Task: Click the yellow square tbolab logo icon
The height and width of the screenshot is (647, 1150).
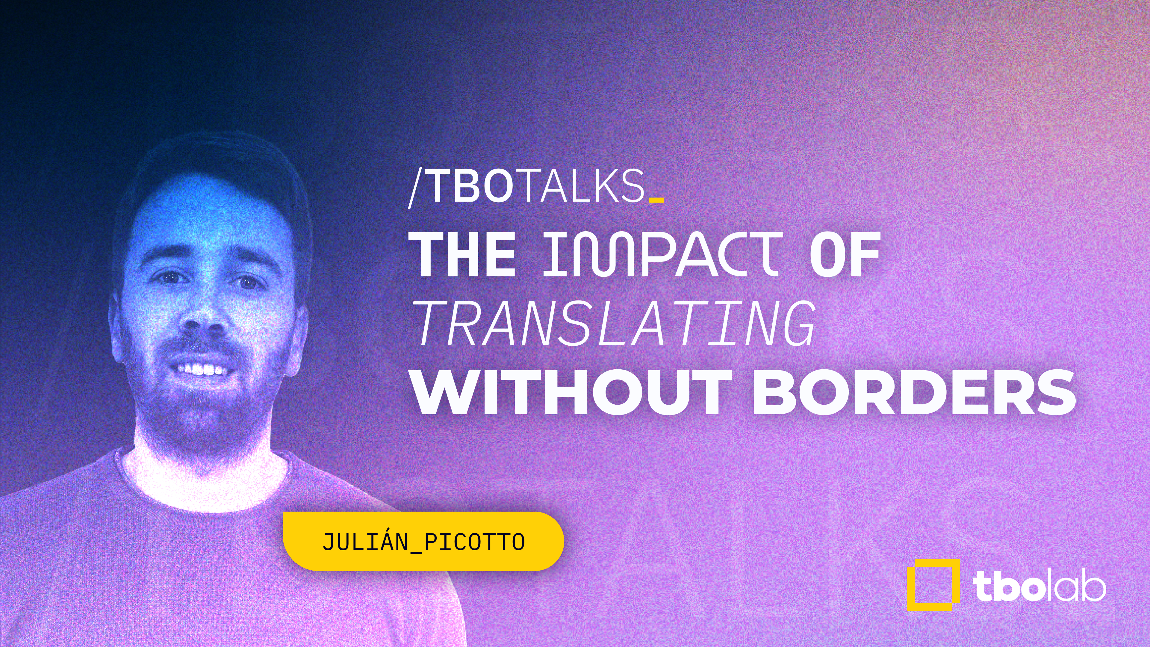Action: point(933,585)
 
